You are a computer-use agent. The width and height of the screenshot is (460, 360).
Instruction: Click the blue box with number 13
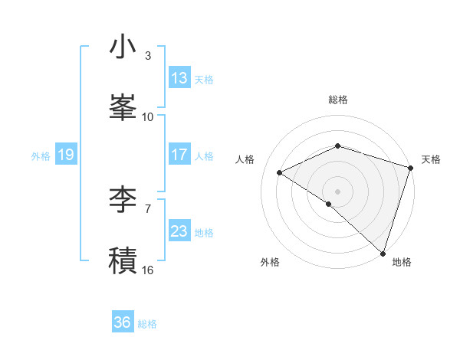pos(179,78)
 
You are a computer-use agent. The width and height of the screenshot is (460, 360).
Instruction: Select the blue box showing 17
pos(179,155)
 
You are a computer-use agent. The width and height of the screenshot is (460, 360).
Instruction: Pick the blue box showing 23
pos(179,231)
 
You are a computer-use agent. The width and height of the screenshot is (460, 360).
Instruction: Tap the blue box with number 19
pos(65,155)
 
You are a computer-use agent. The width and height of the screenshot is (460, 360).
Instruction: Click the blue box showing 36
pos(122,323)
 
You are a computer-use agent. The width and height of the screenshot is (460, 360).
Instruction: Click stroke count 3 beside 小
pos(148,56)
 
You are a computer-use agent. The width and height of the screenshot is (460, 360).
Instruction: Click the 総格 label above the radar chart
pos(338,100)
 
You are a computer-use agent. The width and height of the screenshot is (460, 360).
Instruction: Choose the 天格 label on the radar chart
pos(431,159)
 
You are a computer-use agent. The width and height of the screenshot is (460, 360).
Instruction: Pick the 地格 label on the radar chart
pos(402,263)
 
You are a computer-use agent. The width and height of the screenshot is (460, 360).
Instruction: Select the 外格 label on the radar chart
pos(270,263)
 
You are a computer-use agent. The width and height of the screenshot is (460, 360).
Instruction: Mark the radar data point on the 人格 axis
pos(280,173)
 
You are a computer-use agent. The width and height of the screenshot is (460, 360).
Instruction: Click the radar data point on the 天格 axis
pos(411,168)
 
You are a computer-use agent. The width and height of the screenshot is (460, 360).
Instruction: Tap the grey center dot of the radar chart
pos(337,191)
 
